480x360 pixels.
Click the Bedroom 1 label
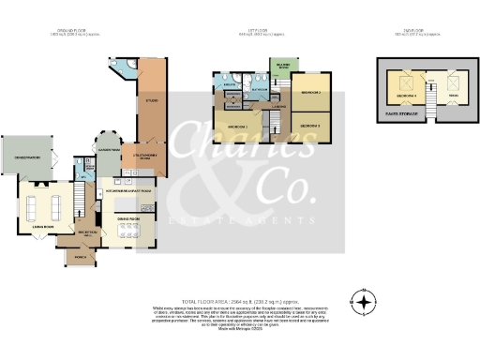(238, 125)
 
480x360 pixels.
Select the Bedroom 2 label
(310, 95)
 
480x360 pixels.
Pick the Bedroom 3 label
(310, 125)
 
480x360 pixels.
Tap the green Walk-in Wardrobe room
(277, 66)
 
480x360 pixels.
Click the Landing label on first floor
(278, 107)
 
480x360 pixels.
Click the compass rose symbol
(364, 302)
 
